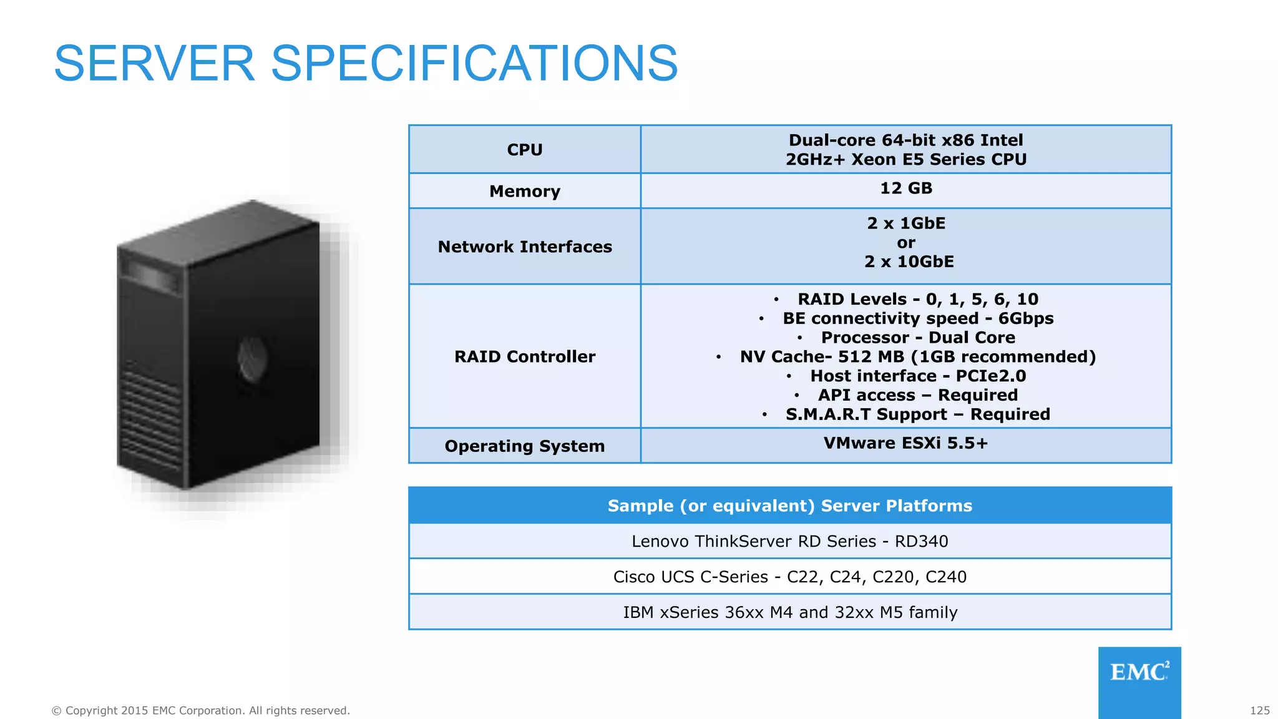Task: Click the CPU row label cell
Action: tap(524, 150)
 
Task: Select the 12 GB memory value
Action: tap(905, 188)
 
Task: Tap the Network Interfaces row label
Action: tap(524, 247)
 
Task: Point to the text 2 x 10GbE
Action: tap(909, 262)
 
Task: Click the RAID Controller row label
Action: tap(524, 357)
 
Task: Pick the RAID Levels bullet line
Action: tap(917, 300)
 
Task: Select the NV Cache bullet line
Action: tap(917, 357)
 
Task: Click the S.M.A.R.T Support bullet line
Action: tap(917, 414)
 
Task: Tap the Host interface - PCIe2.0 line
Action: tap(917, 376)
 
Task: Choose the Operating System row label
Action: tap(524, 446)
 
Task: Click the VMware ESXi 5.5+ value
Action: tap(905, 443)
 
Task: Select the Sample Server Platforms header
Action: tap(789, 506)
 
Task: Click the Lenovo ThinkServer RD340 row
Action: tap(789, 541)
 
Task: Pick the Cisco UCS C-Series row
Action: tap(789, 577)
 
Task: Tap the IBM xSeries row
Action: tap(789, 612)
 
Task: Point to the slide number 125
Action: tap(1259, 711)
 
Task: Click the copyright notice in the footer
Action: tap(200, 711)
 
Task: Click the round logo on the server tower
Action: tap(253, 359)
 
